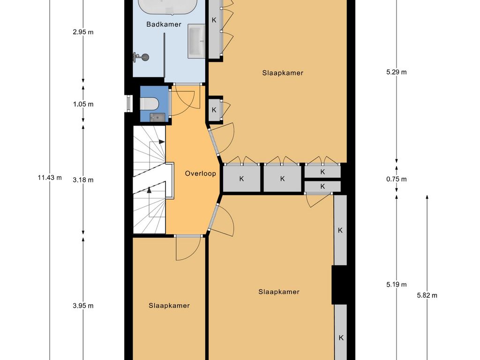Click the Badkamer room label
coord(164,24)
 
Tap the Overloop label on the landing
coord(201,173)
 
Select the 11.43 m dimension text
coord(50,178)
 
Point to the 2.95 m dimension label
coord(83,32)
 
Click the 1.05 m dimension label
coord(83,105)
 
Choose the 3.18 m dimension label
coord(83,180)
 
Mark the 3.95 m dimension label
coord(83,306)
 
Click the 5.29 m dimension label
coord(397,72)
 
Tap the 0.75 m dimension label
coord(397,180)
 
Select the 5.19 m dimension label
coord(397,285)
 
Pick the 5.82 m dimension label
coord(427,295)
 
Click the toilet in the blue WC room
coord(149,104)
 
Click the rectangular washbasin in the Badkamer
coord(196,41)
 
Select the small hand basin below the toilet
coord(157,117)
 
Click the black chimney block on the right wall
coord(339,285)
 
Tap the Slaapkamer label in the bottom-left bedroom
coord(169,306)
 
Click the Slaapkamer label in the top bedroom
coord(283,73)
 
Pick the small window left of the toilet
coord(129,103)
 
